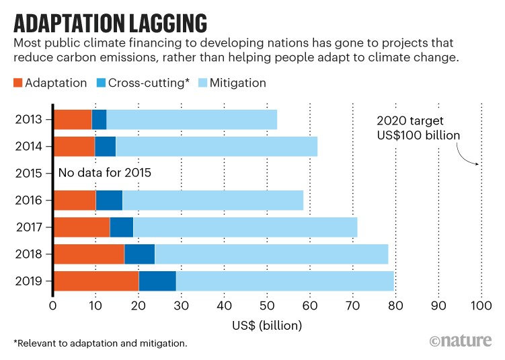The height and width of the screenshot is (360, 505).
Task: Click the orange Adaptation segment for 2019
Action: point(96,281)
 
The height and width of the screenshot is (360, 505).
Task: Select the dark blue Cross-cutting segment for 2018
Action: point(140,254)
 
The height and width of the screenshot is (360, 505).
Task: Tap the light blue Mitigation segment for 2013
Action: point(192,119)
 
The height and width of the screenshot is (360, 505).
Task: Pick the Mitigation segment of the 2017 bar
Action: point(245,227)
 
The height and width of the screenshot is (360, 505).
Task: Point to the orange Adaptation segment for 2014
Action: point(75,146)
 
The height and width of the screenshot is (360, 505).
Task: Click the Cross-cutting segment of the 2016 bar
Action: point(109,200)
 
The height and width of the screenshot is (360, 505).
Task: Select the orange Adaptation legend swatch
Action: point(18,83)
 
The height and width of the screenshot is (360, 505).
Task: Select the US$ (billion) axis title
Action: point(268,326)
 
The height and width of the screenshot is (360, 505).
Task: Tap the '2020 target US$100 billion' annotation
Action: point(418,129)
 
